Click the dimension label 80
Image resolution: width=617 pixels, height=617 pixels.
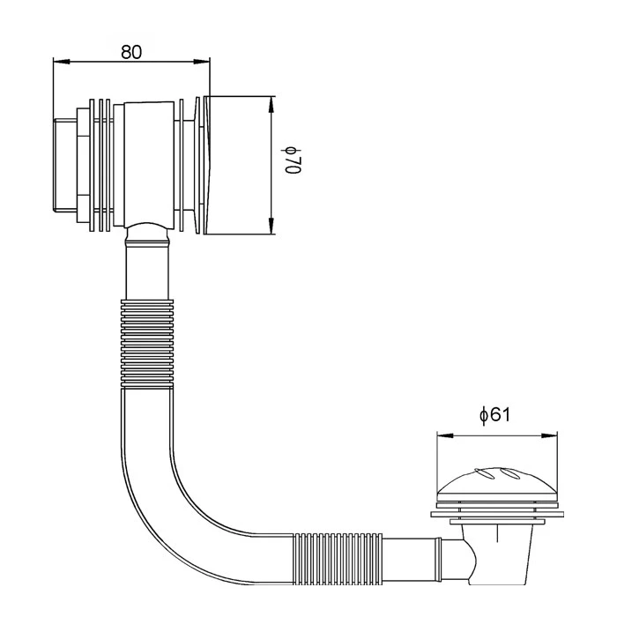[131, 52]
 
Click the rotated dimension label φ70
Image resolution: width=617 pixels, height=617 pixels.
[294, 160]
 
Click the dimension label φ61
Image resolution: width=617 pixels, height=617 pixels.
[494, 415]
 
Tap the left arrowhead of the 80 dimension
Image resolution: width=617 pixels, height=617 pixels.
[61, 62]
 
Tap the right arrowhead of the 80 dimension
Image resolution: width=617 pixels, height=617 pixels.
[202, 62]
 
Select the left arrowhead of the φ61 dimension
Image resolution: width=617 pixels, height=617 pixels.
[445, 435]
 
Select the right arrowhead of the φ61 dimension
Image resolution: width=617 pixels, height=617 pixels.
[549, 435]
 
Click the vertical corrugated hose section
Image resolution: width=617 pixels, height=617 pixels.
[147, 345]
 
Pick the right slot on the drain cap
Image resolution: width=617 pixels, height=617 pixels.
[511, 474]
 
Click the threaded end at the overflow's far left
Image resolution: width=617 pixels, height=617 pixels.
[64, 166]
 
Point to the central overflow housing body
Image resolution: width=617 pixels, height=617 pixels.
[149, 165]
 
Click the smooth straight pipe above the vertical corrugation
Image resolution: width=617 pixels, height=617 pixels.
[147, 271]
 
